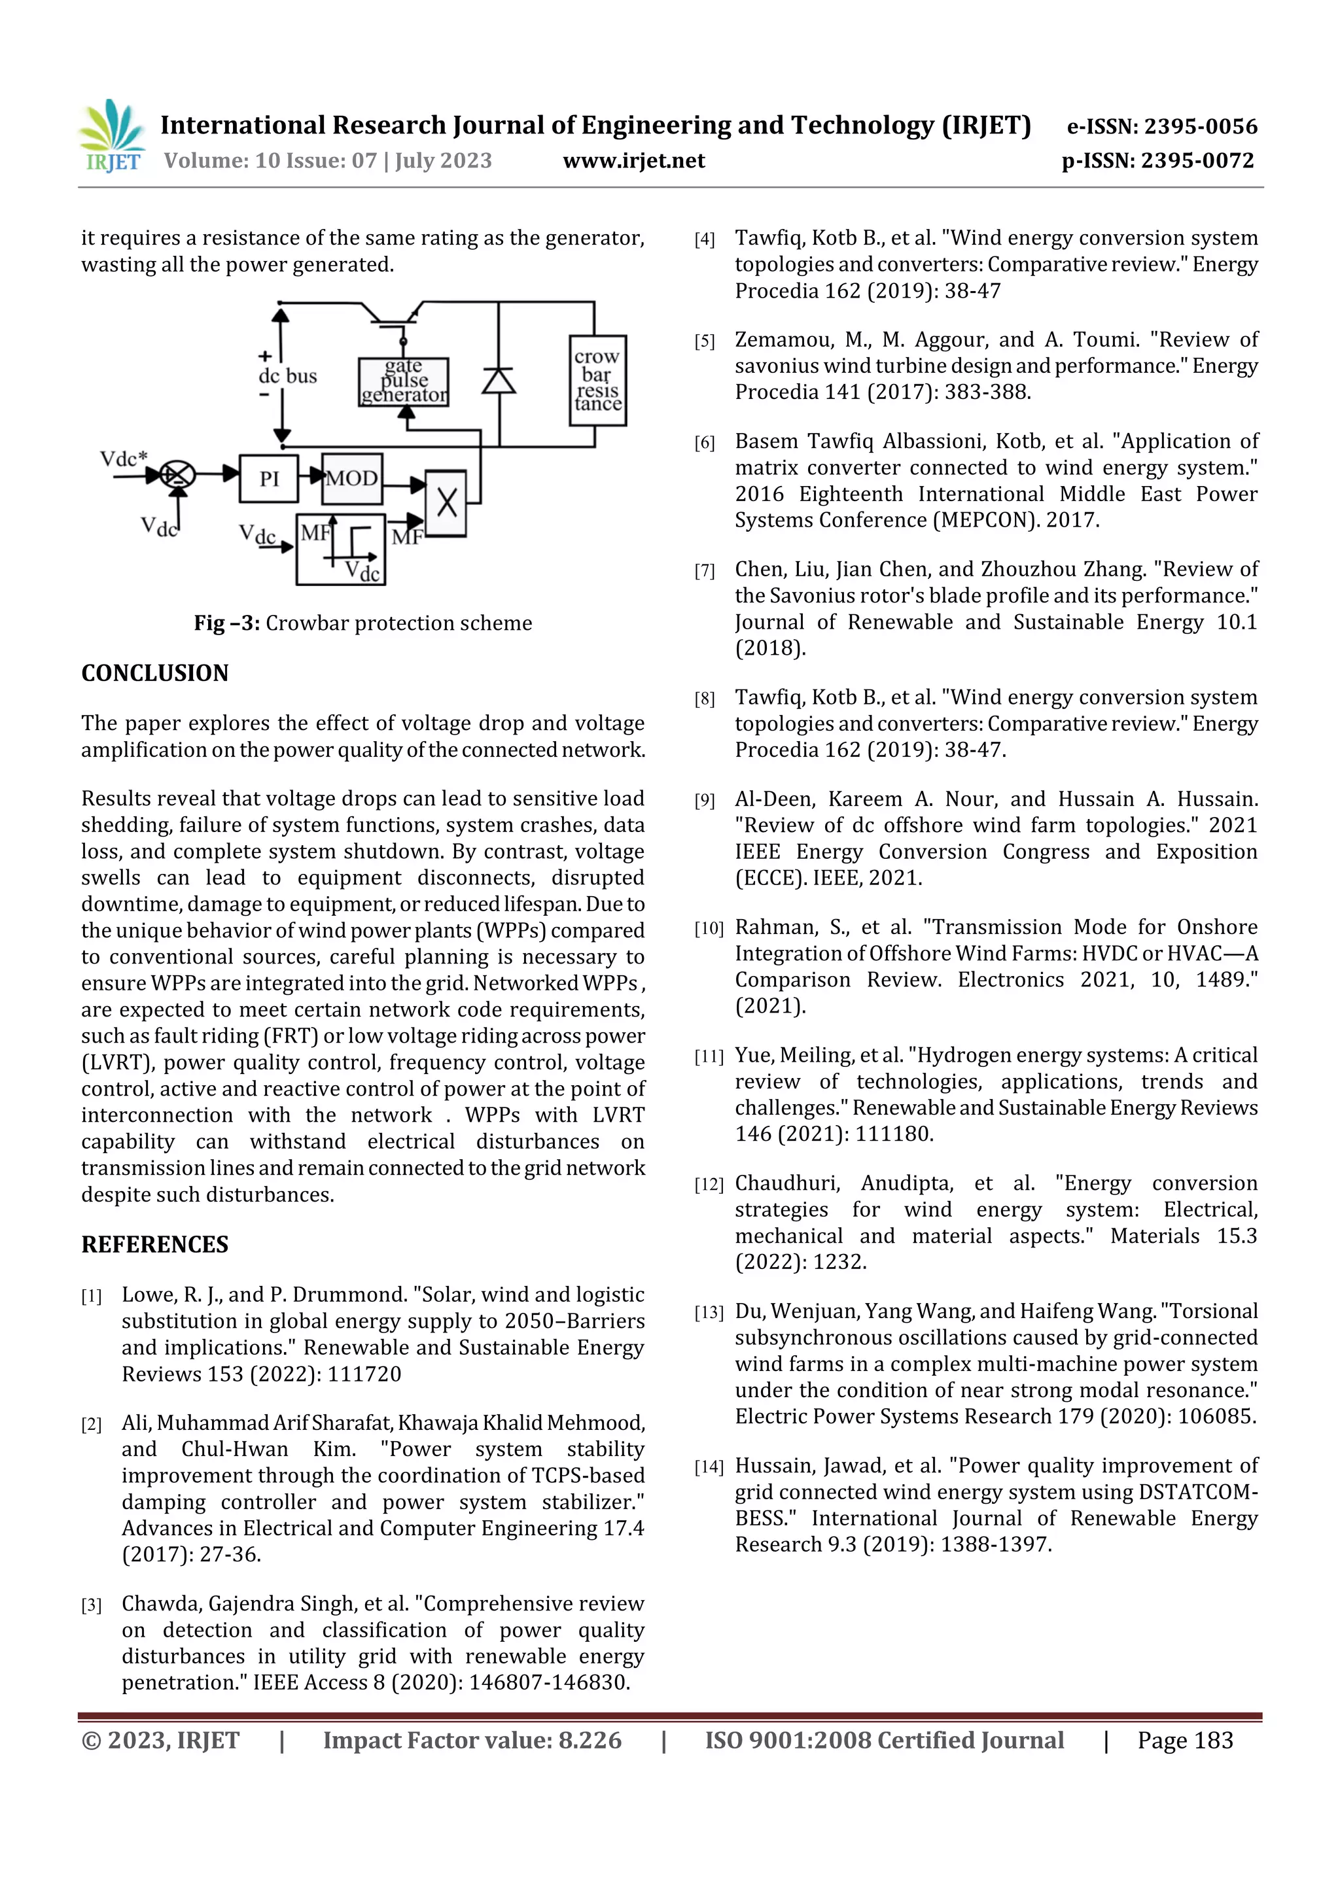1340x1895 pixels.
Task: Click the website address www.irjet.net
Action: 633,160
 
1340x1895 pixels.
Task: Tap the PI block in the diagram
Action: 268,478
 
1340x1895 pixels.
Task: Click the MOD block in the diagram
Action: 352,478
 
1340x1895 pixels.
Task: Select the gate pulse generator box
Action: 404,381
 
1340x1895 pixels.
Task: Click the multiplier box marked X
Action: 446,502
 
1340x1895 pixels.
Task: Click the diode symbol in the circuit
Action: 499,381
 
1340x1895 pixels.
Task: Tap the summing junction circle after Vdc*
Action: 177,475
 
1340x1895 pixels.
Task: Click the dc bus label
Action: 287,376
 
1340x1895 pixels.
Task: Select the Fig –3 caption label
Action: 227,623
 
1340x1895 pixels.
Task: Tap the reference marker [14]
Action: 709,1467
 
